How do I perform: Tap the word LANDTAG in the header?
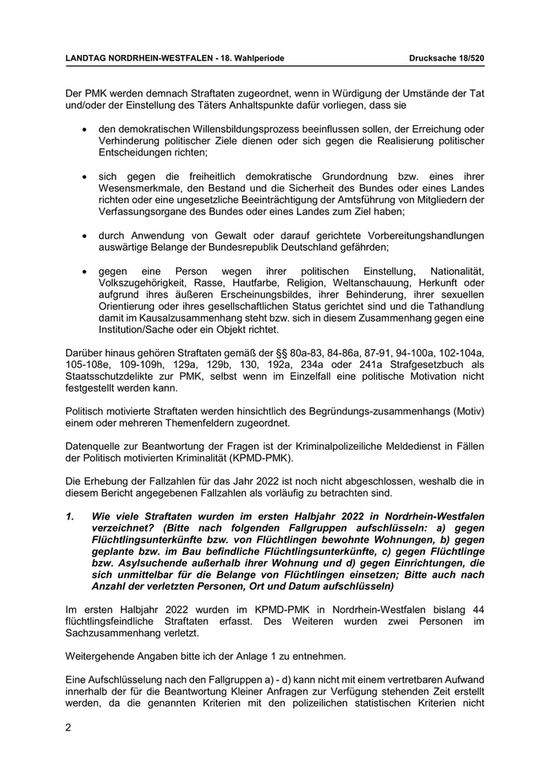click(x=86, y=59)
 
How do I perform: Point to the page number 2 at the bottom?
click(x=68, y=728)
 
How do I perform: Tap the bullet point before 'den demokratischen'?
click(x=84, y=129)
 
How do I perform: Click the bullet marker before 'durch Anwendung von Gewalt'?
click(x=84, y=235)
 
